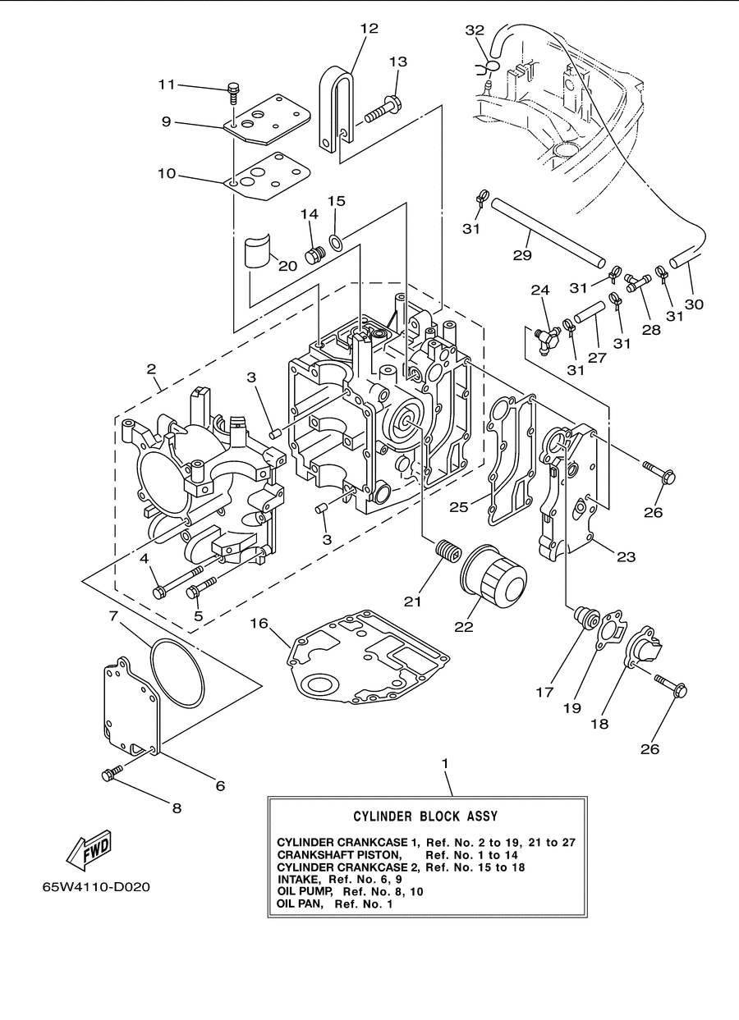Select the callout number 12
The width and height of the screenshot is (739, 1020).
pyautogui.click(x=369, y=28)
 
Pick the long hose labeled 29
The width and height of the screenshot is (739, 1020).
pyautogui.click(x=549, y=232)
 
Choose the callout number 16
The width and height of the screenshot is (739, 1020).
pyautogui.click(x=259, y=623)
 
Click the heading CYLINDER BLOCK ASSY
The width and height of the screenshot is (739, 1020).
pyautogui.click(x=425, y=816)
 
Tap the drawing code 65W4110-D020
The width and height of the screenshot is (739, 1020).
pyautogui.click(x=96, y=887)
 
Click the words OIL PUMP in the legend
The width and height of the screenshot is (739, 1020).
pyautogui.click(x=305, y=890)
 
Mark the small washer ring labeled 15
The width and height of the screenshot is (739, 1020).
pyautogui.click(x=336, y=243)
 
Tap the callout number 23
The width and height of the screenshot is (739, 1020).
pyautogui.click(x=626, y=556)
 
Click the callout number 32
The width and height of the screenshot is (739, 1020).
pyautogui.click(x=475, y=30)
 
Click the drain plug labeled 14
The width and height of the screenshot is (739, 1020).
pyautogui.click(x=314, y=255)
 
